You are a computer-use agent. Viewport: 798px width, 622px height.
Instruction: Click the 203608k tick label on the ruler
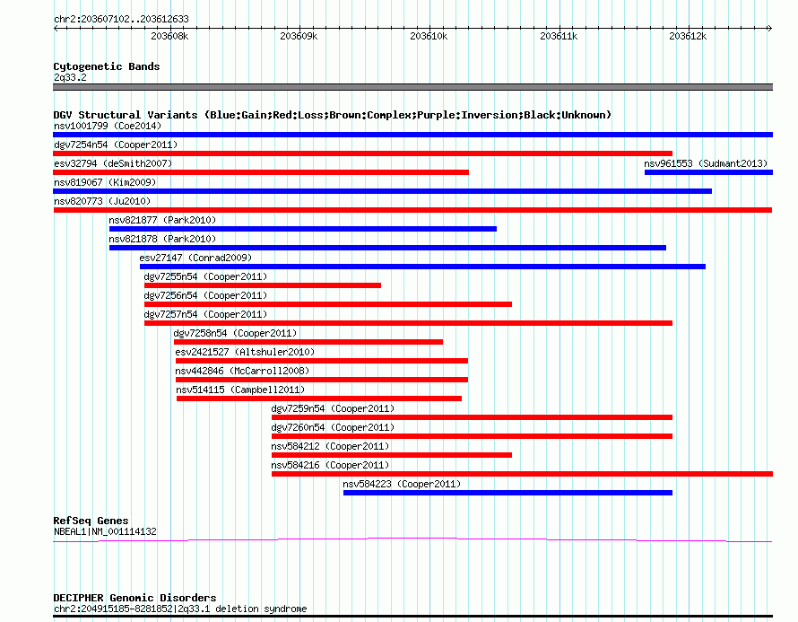(169, 36)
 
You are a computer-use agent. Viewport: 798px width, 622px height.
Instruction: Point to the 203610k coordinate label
(429, 36)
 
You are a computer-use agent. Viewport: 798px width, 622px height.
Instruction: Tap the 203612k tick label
(688, 36)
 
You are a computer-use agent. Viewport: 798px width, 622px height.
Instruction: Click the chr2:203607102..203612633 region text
(121, 19)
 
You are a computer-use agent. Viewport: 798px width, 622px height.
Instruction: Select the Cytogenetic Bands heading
(107, 66)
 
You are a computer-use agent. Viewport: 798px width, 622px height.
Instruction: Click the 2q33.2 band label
(70, 77)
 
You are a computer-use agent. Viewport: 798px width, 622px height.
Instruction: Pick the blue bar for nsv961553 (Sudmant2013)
(708, 172)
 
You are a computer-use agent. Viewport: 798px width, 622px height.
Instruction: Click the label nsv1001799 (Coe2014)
(108, 126)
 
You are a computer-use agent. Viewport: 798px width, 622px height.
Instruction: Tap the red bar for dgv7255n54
(263, 285)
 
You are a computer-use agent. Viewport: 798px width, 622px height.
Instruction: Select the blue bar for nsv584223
(507, 493)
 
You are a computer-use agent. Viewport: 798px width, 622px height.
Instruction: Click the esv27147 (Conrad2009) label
(196, 258)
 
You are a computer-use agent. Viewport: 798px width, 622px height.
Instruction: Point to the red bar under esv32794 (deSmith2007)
(261, 172)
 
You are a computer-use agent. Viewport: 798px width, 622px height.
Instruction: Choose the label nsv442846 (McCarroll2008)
(242, 371)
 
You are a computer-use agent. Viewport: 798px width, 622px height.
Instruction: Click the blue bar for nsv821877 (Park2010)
(303, 229)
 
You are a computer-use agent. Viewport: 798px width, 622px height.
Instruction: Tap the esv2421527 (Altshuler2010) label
(245, 352)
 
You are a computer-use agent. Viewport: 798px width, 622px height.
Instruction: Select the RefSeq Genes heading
(91, 521)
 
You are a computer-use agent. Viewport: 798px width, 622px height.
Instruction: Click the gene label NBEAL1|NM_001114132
(105, 532)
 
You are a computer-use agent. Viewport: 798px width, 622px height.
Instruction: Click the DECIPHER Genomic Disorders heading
(134, 598)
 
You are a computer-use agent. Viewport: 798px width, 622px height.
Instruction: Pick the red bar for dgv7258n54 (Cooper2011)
(308, 342)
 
